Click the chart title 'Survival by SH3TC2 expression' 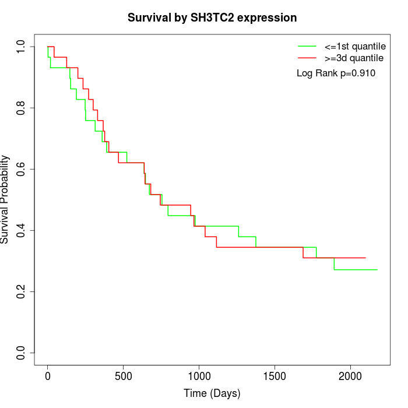212,18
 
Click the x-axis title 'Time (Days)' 212,393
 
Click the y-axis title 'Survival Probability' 5,199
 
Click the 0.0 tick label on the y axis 21,353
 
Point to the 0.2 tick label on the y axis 21,291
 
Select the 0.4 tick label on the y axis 21,230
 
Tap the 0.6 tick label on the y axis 21,169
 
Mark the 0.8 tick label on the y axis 21,108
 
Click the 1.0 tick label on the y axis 21,47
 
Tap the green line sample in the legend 307,46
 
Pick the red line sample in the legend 307,58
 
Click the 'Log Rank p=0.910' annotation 336,73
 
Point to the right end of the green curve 377,270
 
